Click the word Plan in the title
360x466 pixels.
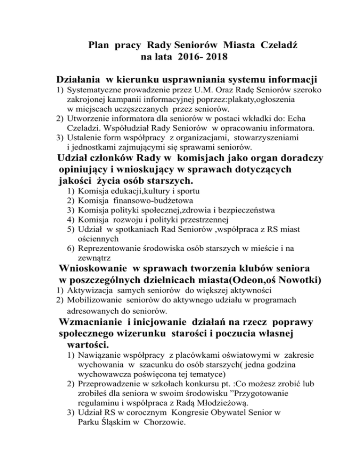[99, 46]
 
